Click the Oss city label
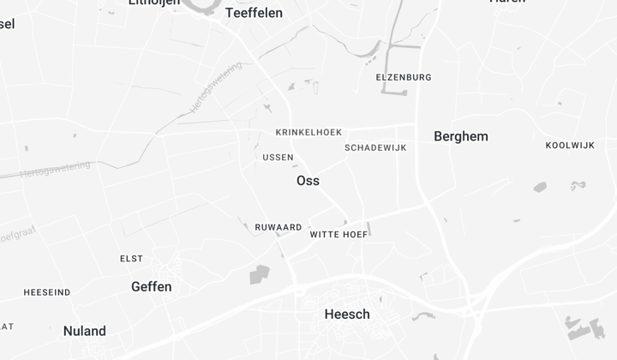pos(308,181)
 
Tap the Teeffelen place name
pos(254,13)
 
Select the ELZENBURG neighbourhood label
pos(404,77)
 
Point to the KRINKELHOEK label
pos(308,132)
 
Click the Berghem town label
pos(461,136)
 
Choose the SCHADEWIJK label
pos(375,147)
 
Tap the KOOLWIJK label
pos(570,145)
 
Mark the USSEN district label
pos(278,158)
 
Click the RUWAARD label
pos(279,227)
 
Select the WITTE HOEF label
pos(338,234)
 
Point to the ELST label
pos(131,258)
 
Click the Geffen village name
pos(152,286)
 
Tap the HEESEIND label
pos(47,292)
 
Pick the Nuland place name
pos(85,331)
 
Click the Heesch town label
pos(347,315)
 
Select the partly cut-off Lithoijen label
pos(154,3)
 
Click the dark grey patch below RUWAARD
pos(259,274)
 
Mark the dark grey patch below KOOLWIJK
pos(540,187)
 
